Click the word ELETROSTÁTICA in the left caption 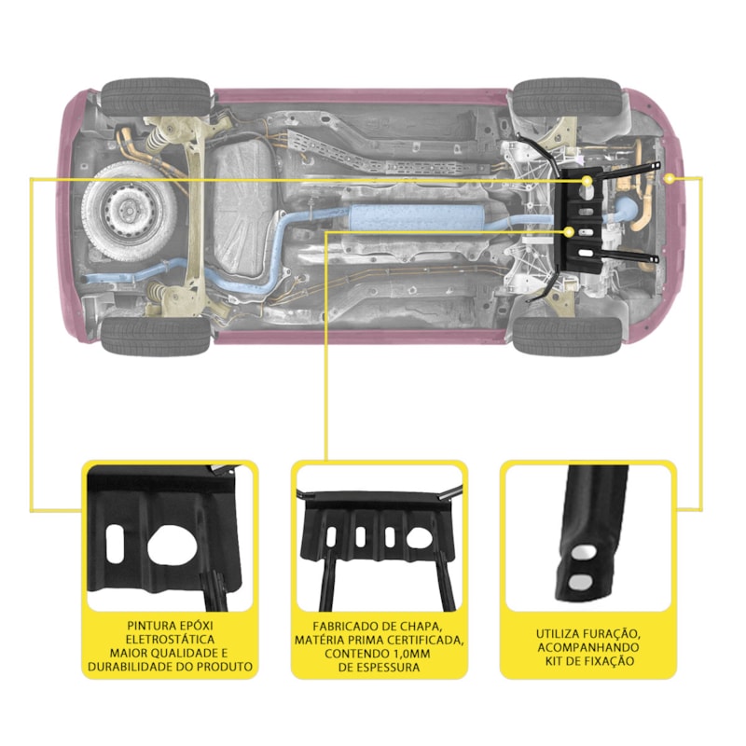(x=171, y=641)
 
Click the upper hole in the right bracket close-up (x=582, y=554)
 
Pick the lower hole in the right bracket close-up (x=578, y=582)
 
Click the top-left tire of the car (x=156, y=96)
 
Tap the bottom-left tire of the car (x=156, y=336)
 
